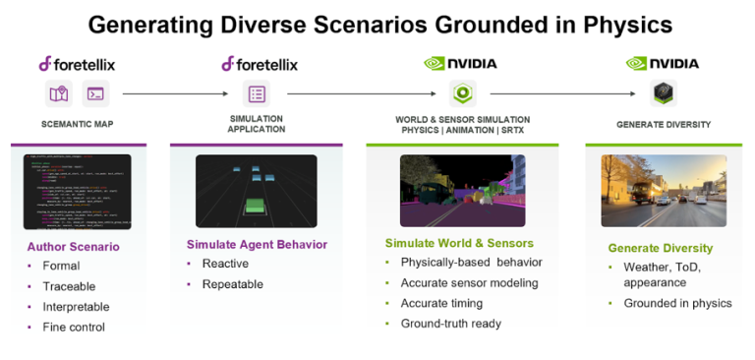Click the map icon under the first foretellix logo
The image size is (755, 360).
coord(59,94)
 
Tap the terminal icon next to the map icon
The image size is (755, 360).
coord(96,94)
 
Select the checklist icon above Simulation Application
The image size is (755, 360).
coord(257,94)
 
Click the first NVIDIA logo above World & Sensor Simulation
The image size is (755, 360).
coord(460,64)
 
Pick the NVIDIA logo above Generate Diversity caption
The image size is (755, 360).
coord(663,64)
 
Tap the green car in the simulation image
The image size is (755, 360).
coord(256,208)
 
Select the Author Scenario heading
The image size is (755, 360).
coord(73,246)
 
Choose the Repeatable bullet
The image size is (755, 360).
coord(232,284)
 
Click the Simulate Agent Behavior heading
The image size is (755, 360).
coord(257,244)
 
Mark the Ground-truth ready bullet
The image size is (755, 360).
coord(450,324)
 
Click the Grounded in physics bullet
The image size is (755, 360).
coord(677,303)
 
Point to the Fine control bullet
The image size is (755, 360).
coord(73,327)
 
